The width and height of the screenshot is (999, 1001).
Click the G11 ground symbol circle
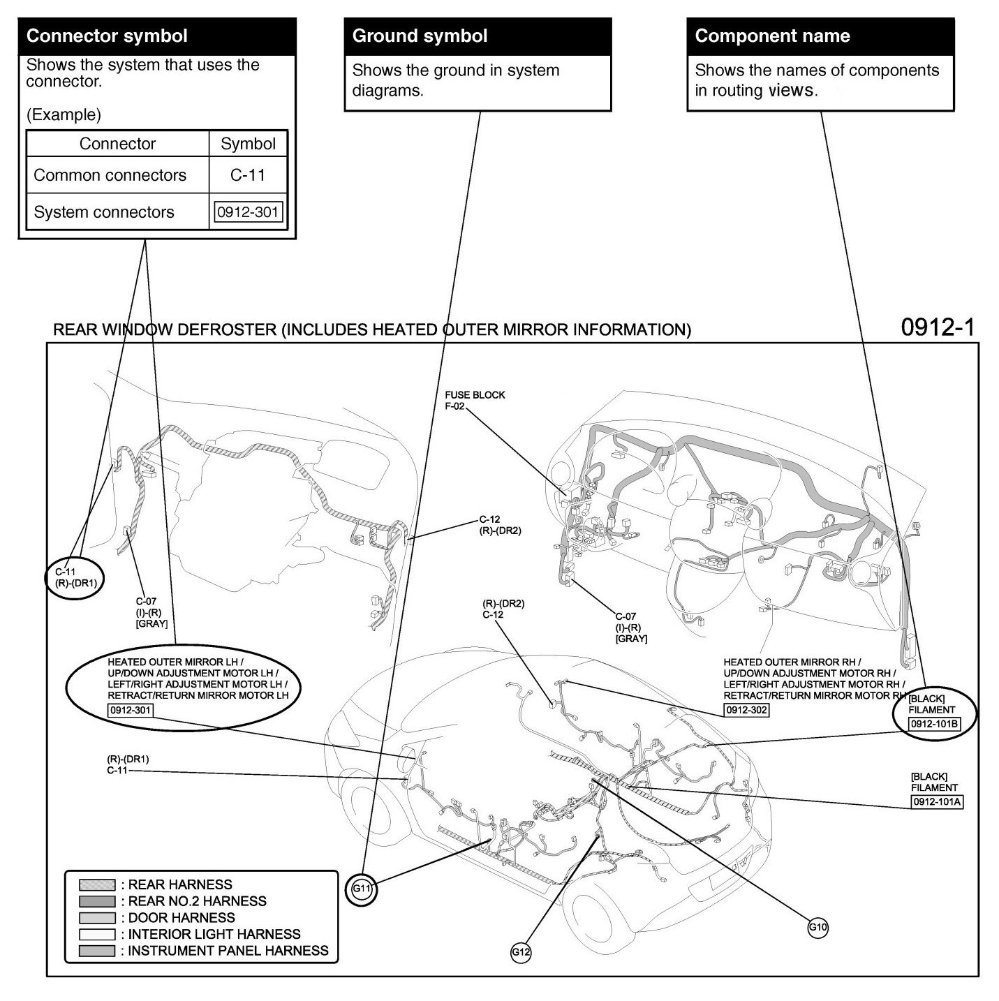(362, 889)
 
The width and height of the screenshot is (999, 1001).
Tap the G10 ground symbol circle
(817, 928)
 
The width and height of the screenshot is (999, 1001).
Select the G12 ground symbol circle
(521, 952)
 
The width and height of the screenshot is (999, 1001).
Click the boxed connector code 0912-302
(746, 710)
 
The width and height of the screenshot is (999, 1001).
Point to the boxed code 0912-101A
(937, 802)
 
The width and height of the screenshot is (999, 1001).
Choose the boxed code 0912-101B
(934, 724)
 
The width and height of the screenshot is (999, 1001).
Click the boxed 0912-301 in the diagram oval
(130, 710)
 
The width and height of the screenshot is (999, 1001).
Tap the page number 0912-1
(937, 327)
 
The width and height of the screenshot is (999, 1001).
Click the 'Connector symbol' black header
(157, 36)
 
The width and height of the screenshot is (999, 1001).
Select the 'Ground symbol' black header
(478, 36)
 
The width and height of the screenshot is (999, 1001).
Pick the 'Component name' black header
(820, 36)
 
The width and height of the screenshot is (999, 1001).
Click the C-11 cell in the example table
(248, 175)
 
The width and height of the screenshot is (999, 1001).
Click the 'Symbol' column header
(248, 144)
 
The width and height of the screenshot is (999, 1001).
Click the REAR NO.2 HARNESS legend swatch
(97, 901)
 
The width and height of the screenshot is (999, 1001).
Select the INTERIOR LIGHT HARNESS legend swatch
(97, 934)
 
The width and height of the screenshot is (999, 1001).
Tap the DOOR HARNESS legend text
(181, 918)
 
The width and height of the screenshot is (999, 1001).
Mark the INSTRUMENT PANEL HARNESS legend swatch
(97, 951)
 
